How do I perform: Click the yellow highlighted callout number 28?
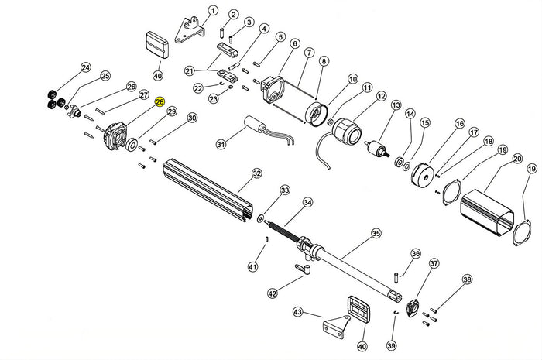point(160,102)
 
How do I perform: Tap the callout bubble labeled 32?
point(256,173)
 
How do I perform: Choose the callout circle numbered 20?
point(516,159)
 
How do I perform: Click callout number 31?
point(221,144)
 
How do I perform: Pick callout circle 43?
point(297,311)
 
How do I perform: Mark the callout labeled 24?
point(85,67)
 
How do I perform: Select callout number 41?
point(252,267)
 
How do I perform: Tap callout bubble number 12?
point(380,96)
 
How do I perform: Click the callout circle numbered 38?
point(466,279)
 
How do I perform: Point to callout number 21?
point(188,71)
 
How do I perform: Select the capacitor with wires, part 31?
point(256,126)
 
